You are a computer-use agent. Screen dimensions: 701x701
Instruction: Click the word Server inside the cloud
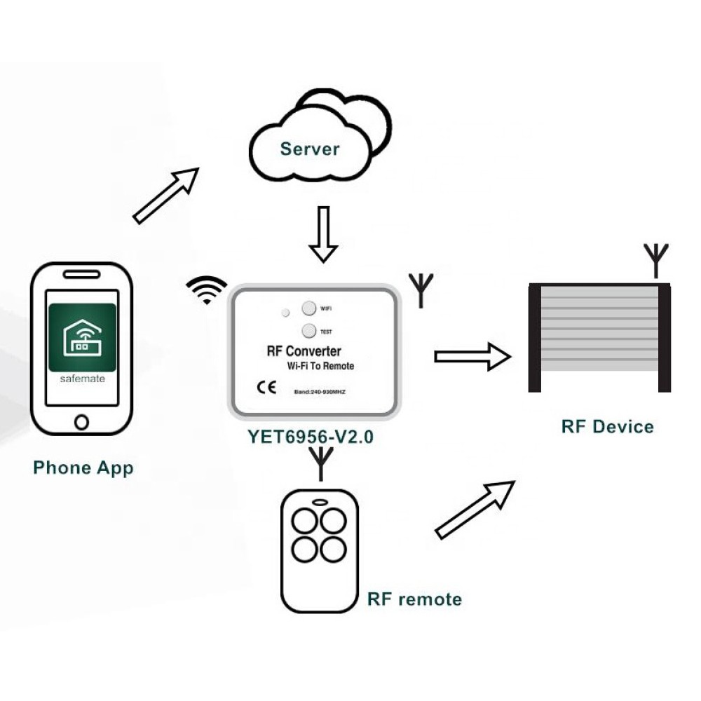pos(309,149)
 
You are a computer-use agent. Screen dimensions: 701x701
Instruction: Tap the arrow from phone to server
pos(166,196)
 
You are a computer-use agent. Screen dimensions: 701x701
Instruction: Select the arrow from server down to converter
pos(323,234)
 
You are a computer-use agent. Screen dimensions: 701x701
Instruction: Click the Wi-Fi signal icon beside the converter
pos(207,290)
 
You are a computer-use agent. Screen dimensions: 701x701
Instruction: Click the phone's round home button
pos(82,421)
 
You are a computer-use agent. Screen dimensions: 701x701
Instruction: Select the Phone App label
pos(83,468)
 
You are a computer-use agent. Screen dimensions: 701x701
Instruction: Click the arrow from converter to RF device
pos(472,357)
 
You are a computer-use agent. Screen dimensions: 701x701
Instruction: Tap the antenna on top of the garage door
pos(655,260)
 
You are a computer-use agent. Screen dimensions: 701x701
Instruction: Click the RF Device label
pos(607,427)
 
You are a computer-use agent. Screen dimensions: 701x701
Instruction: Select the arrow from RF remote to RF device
pos(475,510)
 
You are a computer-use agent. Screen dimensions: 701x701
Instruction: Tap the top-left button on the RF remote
pos(305,522)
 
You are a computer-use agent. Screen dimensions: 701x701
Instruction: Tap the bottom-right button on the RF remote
pos(333,549)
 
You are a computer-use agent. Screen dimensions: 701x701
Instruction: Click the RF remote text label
pos(414,599)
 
